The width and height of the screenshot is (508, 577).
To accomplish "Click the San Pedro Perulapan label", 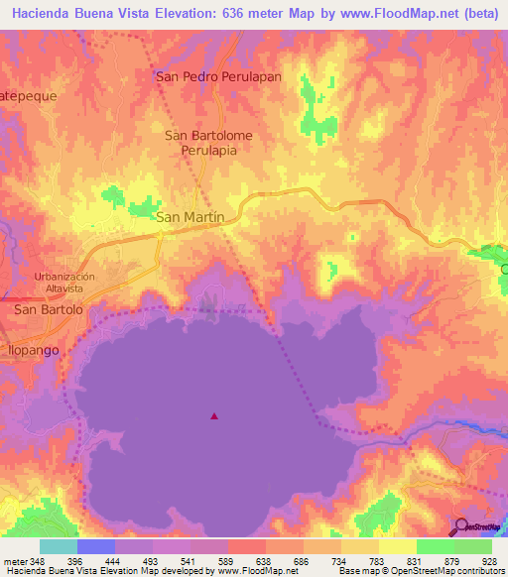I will (x=204, y=75).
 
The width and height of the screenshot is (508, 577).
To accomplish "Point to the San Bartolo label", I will (x=48, y=309).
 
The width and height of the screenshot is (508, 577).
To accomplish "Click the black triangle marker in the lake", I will (x=213, y=416).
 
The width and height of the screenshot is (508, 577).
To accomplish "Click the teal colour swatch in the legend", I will (x=59, y=546).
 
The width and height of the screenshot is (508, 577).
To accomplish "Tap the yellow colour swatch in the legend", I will (x=397, y=546).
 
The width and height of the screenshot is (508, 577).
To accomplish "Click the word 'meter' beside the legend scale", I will (x=15, y=560).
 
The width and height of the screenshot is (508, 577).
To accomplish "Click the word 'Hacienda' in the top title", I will (x=43, y=13).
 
